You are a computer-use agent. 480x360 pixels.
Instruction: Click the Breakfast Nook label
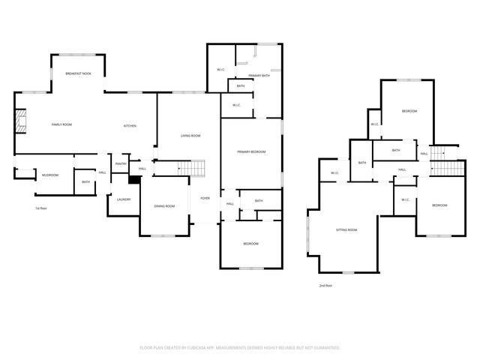pos(79,73)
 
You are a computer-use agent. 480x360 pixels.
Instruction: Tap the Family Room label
pos(61,124)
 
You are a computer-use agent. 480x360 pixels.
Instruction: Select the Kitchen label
pos(130,125)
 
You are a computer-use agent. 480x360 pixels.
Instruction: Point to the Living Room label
pos(190,136)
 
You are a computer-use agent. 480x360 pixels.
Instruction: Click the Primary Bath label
pos(259,76)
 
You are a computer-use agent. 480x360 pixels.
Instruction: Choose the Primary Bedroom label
pos(251,151)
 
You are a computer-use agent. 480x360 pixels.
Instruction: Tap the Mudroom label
pos(50,175)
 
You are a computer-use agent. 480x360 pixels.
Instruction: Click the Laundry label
pos(124,199)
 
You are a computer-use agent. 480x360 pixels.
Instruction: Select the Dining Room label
pos(164,206)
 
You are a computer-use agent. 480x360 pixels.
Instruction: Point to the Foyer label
pos(204,198)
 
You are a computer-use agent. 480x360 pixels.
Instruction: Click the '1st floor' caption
pos(41,208)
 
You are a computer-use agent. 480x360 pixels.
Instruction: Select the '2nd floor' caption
pos(325,285)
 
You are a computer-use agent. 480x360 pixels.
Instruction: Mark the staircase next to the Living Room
pos(193,167)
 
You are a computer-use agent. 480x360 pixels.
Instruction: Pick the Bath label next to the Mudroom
pos(85,182)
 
